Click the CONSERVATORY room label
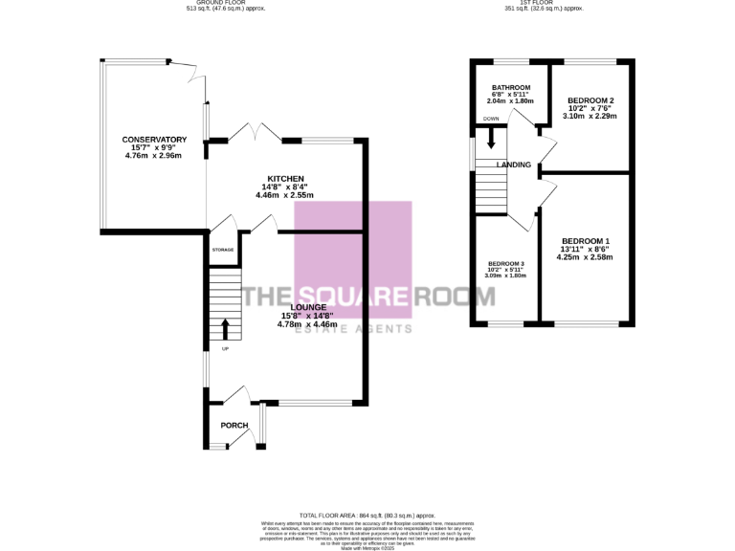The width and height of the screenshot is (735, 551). [152, 141]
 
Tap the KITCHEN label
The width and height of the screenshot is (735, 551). [285, 179]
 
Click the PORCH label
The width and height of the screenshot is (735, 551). [234, 425]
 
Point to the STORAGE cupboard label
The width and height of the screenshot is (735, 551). [223, 249]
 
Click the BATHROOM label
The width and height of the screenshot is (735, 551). [511, 87]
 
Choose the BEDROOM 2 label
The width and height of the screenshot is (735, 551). [590, 100]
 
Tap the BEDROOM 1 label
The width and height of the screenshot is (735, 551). [586, 240]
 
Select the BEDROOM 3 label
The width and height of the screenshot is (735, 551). [506, 263]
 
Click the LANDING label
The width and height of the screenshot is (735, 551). [514, 165]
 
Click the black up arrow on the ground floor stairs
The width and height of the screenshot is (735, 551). [226, 330]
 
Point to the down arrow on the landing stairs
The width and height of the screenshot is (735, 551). [491, 139]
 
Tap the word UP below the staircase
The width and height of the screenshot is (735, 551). [226, 348]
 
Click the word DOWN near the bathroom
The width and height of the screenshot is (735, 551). [491, 119]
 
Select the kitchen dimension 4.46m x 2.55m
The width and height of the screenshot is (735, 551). [284, 195]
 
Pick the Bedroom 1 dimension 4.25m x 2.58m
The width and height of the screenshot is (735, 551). [586, 256]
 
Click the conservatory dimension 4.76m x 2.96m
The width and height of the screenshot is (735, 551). [152, 156]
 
